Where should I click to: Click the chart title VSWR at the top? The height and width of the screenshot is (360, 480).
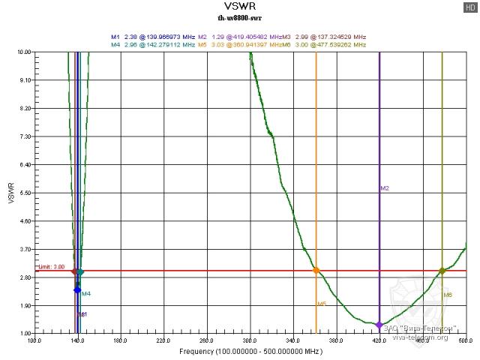coord(241,8)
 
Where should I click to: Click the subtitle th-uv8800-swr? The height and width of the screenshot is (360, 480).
coord(241,20)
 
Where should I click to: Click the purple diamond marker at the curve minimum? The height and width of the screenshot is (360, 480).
coord(379,325)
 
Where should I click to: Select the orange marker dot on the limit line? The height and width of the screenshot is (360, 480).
coord(316,270)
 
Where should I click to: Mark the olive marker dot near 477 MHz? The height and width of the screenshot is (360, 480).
coord(442,271)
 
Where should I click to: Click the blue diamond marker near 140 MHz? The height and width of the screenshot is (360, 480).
coord(77,289)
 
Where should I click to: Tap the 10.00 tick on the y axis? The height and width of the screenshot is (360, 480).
coord(24,52)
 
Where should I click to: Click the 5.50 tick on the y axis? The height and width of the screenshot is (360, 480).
coord(24,193)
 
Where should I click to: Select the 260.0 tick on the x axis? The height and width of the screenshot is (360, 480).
coord(206,341)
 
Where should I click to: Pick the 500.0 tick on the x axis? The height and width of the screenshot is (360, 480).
coord(465,341)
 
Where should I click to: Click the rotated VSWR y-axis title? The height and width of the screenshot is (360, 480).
coord(10,193)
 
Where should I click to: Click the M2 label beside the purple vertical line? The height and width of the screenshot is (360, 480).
coord(385,188)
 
